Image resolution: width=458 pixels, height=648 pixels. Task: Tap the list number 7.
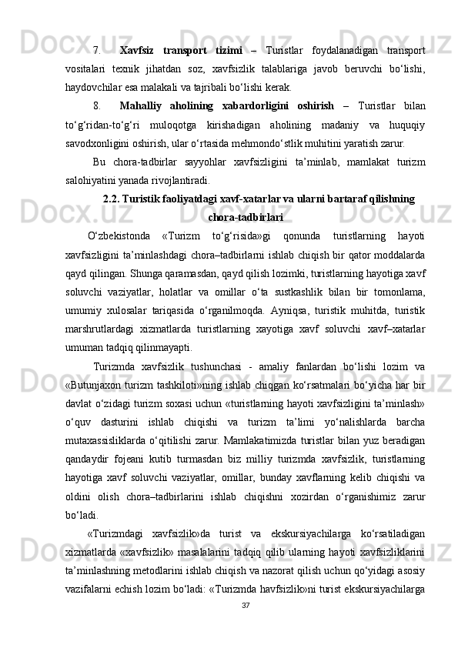(96, 51)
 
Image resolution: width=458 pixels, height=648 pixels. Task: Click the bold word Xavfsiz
(141, 51)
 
